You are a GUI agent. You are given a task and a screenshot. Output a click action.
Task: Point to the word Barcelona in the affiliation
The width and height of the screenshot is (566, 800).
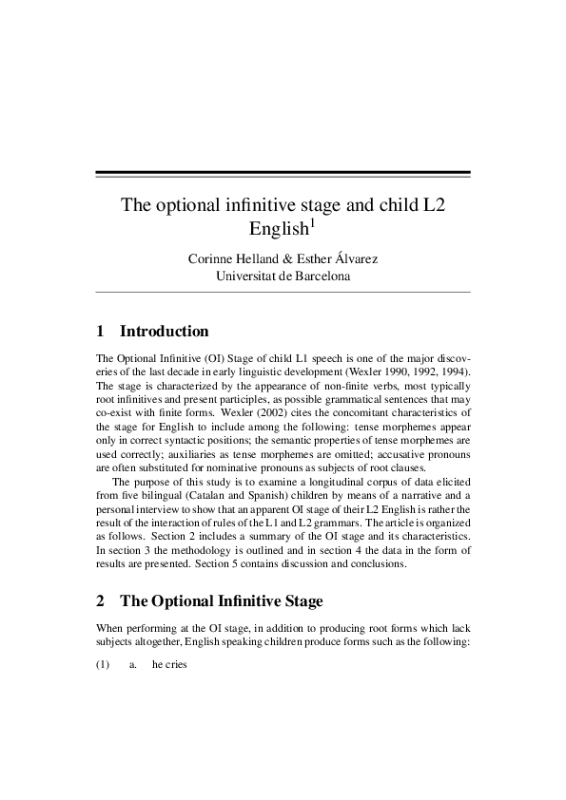[x=317, y=276]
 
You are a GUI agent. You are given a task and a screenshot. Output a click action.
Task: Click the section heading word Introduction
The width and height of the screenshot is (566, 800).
[x=165, y=332]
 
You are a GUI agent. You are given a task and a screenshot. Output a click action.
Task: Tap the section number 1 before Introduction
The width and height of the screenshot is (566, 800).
[x=101, y=332]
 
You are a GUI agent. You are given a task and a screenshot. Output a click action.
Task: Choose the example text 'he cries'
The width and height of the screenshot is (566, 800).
[x=169, y=665]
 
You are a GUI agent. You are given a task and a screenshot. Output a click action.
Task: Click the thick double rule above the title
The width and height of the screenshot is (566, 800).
[x=283, y=174]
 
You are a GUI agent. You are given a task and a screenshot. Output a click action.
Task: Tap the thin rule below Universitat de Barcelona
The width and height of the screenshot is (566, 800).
[x=283, y=292]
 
